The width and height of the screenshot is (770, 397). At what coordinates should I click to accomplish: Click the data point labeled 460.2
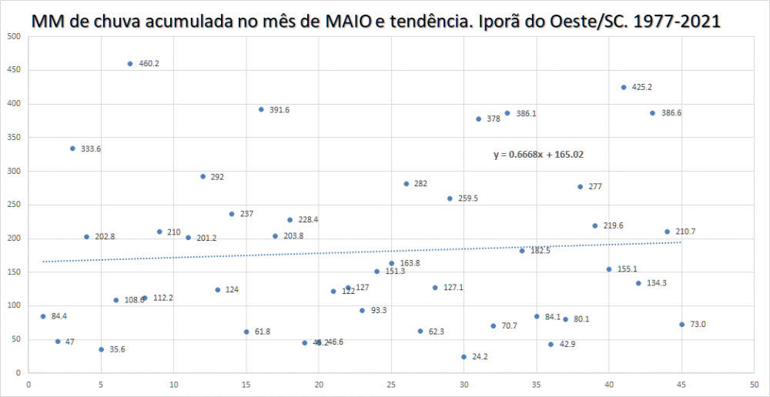130,64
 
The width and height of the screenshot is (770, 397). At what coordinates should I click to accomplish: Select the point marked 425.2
624,87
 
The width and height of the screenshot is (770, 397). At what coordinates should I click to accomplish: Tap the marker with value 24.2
464,357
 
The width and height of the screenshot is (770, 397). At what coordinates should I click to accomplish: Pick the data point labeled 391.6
261,109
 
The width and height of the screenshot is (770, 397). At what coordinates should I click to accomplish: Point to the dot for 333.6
72,148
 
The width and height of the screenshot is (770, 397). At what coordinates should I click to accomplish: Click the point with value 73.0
682,324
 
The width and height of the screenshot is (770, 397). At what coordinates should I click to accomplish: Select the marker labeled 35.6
101,349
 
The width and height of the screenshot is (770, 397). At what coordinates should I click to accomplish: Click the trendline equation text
538,155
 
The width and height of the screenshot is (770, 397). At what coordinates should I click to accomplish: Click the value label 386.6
671,113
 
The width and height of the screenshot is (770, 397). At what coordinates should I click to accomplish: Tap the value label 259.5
468,198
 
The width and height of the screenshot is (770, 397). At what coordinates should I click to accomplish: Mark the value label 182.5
540,251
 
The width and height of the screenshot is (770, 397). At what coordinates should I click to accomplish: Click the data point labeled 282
406,183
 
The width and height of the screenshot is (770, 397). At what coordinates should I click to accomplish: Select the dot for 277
581,186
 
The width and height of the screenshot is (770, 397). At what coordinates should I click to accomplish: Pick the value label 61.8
263,332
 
